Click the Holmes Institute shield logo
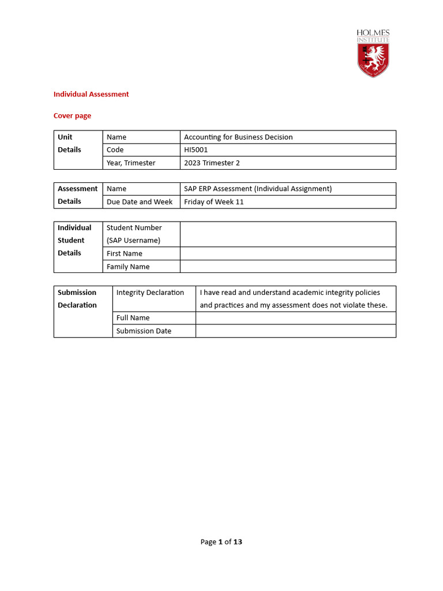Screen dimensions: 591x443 click(373, 59)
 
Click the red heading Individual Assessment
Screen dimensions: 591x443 click(91, 94)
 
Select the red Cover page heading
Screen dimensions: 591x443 click(72, 115)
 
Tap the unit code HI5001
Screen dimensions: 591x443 click(196, 150)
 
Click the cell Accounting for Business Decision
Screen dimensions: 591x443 click(238, 137)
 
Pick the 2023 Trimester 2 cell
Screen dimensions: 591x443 click(212, 163)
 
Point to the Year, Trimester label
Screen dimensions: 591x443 click(131, 163)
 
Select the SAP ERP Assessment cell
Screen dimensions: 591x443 click(258, 189)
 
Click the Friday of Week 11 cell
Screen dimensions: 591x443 click(214, 202)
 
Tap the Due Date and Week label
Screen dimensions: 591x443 click(140, 202)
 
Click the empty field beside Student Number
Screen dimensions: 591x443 click(287, 234)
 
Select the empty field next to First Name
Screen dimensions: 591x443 click(287, 253)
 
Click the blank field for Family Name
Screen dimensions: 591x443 click(287, 267)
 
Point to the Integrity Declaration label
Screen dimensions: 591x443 click(150, 293)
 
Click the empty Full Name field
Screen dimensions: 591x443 click(295, 318)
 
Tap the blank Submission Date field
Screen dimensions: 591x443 click(295, 331)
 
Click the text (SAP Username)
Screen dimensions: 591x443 click(133, 240)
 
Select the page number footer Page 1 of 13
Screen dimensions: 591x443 click(221, 542)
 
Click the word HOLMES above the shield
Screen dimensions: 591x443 click(373, 33)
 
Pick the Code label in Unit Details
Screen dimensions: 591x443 click(115, 150)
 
